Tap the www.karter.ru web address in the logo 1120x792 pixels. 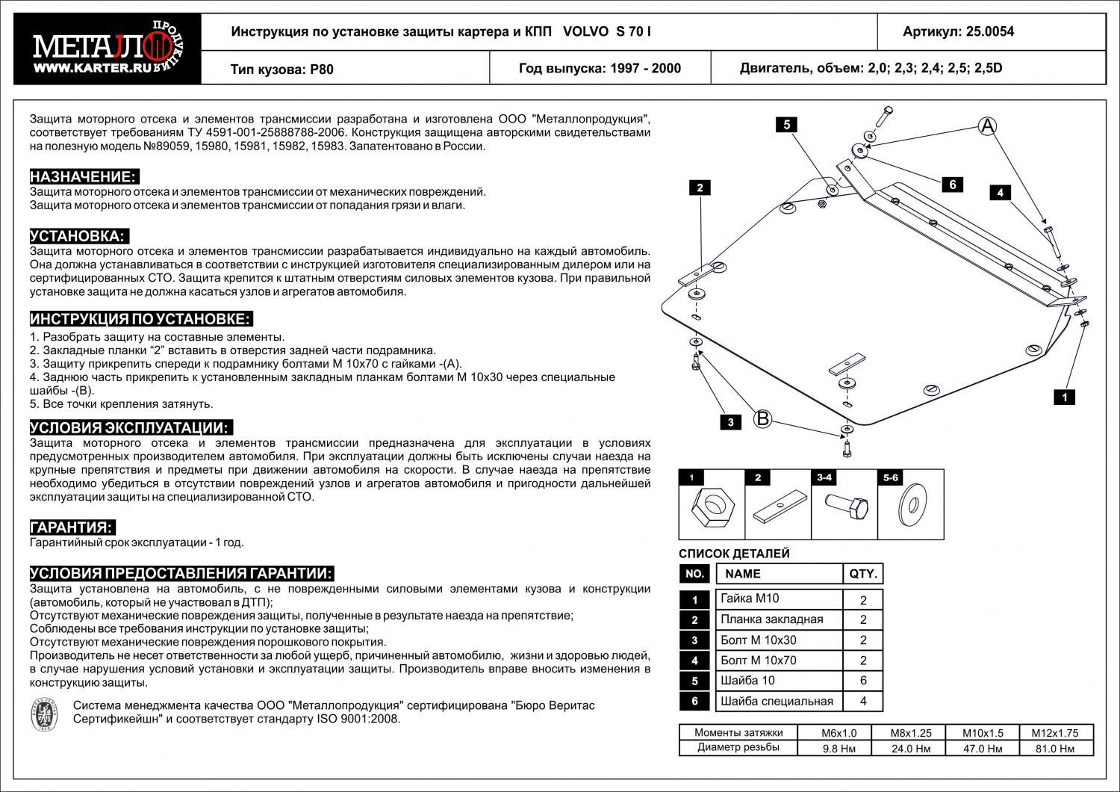[x=83, y=68]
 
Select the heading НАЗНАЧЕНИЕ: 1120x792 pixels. [x=84, y=177]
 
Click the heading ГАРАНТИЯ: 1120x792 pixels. [x=72, y=528]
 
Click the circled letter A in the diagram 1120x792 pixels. [x=988, y=126]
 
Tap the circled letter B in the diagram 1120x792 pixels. [x=762, y=418]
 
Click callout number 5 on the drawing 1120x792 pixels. [x=787, y=125]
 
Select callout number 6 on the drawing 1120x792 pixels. [x=953, y=185]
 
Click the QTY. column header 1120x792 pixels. [x=863, y=574]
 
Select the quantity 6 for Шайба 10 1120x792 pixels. [x=863, y=681]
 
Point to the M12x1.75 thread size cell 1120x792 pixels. [x=1056, y=733]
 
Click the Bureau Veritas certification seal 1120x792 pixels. [x=45, y=712]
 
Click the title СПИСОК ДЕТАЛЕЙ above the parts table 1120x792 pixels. [x=734, y=554]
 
